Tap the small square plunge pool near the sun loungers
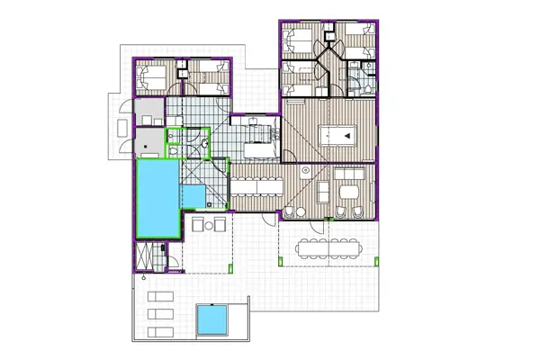213,318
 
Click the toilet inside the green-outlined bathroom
175,151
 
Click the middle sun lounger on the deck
157,313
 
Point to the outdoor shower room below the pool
157,258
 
